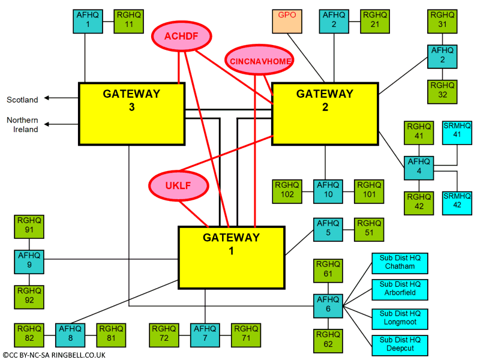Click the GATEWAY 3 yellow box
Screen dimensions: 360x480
tap(131, 113)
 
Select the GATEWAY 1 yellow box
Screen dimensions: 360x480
tap(231, 257)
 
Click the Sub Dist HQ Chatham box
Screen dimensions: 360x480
tap(400, 262)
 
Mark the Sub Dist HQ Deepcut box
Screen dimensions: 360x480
tap(400, 344)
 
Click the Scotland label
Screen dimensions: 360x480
tap(22, 100)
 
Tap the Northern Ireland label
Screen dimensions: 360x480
tap(23, 125)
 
